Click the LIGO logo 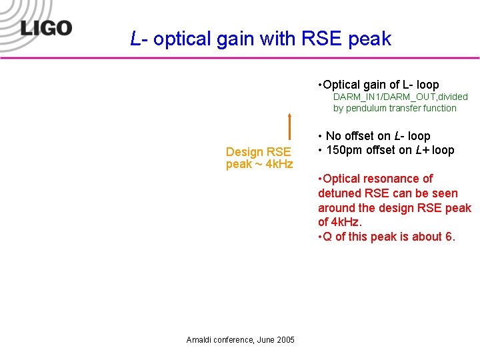45,29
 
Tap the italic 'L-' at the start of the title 139,39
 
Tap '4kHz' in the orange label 279,164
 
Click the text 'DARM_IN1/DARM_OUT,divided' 400,97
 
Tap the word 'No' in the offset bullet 333,136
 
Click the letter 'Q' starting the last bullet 327,237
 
